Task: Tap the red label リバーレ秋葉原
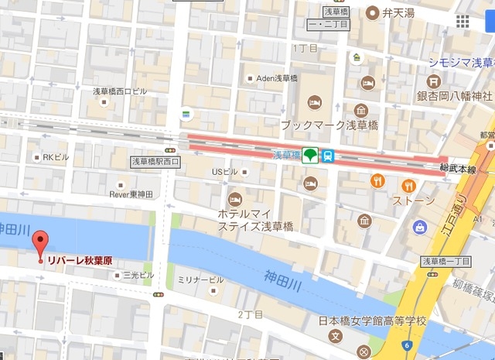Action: pyautogui.click(x=80, y=262)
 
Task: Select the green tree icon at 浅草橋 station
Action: pyautogui.click(x=310, y=156)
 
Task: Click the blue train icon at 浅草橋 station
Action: pyautogui.click(x=329, y=156)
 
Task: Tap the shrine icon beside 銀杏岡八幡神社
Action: pyautogui.click(x=433, y=81)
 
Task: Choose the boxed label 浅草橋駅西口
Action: pyautogui.click(x=155, y=162)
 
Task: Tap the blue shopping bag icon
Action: pyautogui.click(x=419, y=228)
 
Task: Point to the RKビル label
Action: pyautogui.click(x=56, y=157)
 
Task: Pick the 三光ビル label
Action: pyautogui.click(x=138, y=275)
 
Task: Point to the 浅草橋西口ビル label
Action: pyautogui.click(x=119, y=91)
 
